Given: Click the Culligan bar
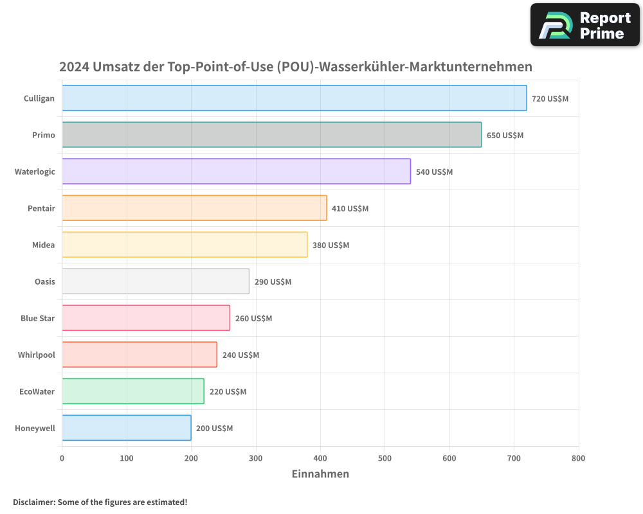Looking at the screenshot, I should (294, 98).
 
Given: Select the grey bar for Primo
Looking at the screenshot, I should (271, 135).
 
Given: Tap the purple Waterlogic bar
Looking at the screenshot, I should (236, 172).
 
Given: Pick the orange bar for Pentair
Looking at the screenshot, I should (194, 208).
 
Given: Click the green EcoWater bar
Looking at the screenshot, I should (133, 391).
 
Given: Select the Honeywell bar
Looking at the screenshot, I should (127, 428).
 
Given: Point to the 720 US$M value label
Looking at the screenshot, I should (550, 99).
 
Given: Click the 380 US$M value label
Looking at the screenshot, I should (331, 245).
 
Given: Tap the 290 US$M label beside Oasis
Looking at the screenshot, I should (273, 282).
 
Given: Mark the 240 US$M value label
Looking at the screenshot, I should (240, 355).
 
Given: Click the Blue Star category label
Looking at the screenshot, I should (37, 319).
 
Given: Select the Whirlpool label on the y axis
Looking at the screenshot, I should (36, 355).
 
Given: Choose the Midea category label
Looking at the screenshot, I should (43, 245).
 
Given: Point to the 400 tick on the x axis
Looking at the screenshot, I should (320, 459).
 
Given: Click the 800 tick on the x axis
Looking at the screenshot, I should (578, 459).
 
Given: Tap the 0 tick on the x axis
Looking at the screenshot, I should (62, 459).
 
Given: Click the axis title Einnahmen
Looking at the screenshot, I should (320, 474).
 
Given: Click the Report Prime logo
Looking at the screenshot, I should (584, 25).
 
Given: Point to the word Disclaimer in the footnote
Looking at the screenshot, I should (33, 502).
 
